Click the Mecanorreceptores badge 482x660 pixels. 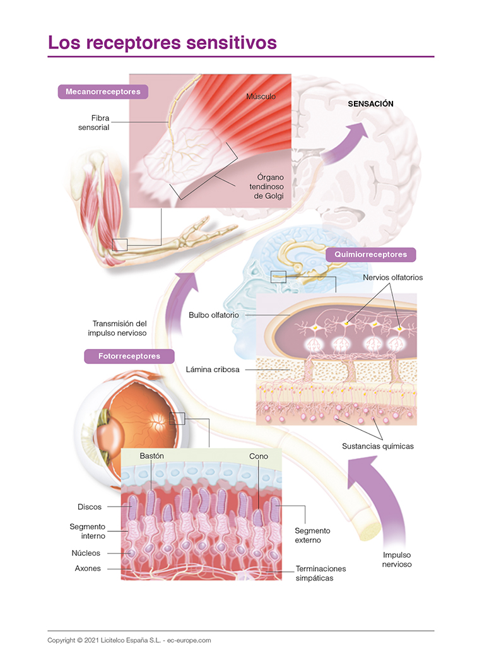(103, 91)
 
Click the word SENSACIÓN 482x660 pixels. (371, 104)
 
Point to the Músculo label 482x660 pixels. (261, 97)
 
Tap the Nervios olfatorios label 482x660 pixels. (392, 277)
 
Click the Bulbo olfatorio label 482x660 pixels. (216, 314)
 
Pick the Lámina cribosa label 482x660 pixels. (213, 369)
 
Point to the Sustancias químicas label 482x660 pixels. (378, 446)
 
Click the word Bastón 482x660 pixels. (152, 456)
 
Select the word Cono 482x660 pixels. (259, 456)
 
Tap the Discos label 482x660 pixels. (90, 507)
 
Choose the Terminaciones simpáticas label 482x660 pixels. (320, 573)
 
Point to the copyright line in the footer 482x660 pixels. (129, 640)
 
